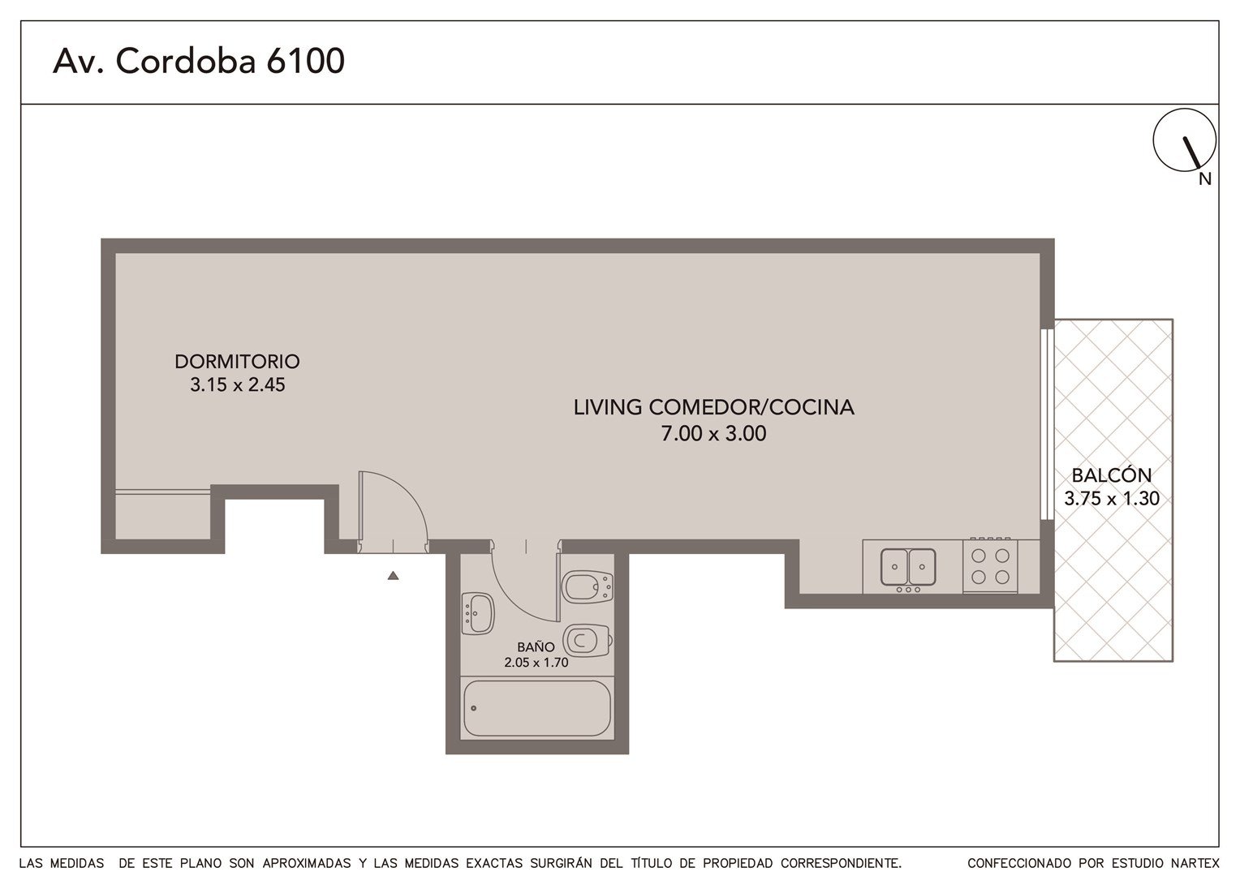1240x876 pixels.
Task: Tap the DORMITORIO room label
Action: click(x=237, y=362)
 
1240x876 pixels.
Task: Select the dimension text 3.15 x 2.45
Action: click(x=238, y=384)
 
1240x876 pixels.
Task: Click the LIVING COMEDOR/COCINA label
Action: click(x=713, y=407)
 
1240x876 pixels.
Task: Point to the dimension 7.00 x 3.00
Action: click(x=713, y=433)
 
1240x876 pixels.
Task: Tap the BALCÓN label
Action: click(x=1112, y=474)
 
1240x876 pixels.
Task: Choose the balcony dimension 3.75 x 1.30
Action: click(x=1112, y=499)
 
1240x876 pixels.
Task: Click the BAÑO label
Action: click(x=536, y=647)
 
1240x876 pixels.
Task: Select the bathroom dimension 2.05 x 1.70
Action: click(x=536, y=663)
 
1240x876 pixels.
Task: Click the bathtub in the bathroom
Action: click(x=537, y=708)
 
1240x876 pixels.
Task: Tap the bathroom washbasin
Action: click(x=478, y=614)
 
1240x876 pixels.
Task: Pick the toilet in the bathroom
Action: click(x=588, y=641)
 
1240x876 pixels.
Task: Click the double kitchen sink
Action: click(x=908, y=567)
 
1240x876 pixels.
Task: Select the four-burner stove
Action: click(x=990, y=565)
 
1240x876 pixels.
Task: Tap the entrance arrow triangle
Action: click(x=393, y=576)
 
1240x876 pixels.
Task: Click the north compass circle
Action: click(x=1185, y=140)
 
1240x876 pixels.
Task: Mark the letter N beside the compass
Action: click(x=1205, y=178)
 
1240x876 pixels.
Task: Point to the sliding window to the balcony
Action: click(x=1047, y=424)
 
